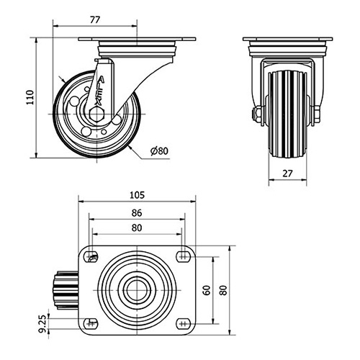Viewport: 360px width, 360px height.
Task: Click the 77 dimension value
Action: (95, 20)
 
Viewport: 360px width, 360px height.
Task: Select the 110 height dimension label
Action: (30, 97)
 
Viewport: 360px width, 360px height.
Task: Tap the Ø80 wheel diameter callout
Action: (160, 151)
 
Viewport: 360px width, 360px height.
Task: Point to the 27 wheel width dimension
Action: (287, 174)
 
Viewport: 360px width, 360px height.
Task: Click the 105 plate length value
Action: (137, 195)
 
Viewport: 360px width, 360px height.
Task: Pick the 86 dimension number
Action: (137, 213)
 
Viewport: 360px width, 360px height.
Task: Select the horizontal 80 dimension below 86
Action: (137, 228)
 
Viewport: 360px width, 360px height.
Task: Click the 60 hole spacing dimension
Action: (207, 290)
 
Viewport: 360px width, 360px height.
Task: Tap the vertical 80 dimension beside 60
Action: (223, 290)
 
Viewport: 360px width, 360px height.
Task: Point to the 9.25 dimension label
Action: (42, 323)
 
